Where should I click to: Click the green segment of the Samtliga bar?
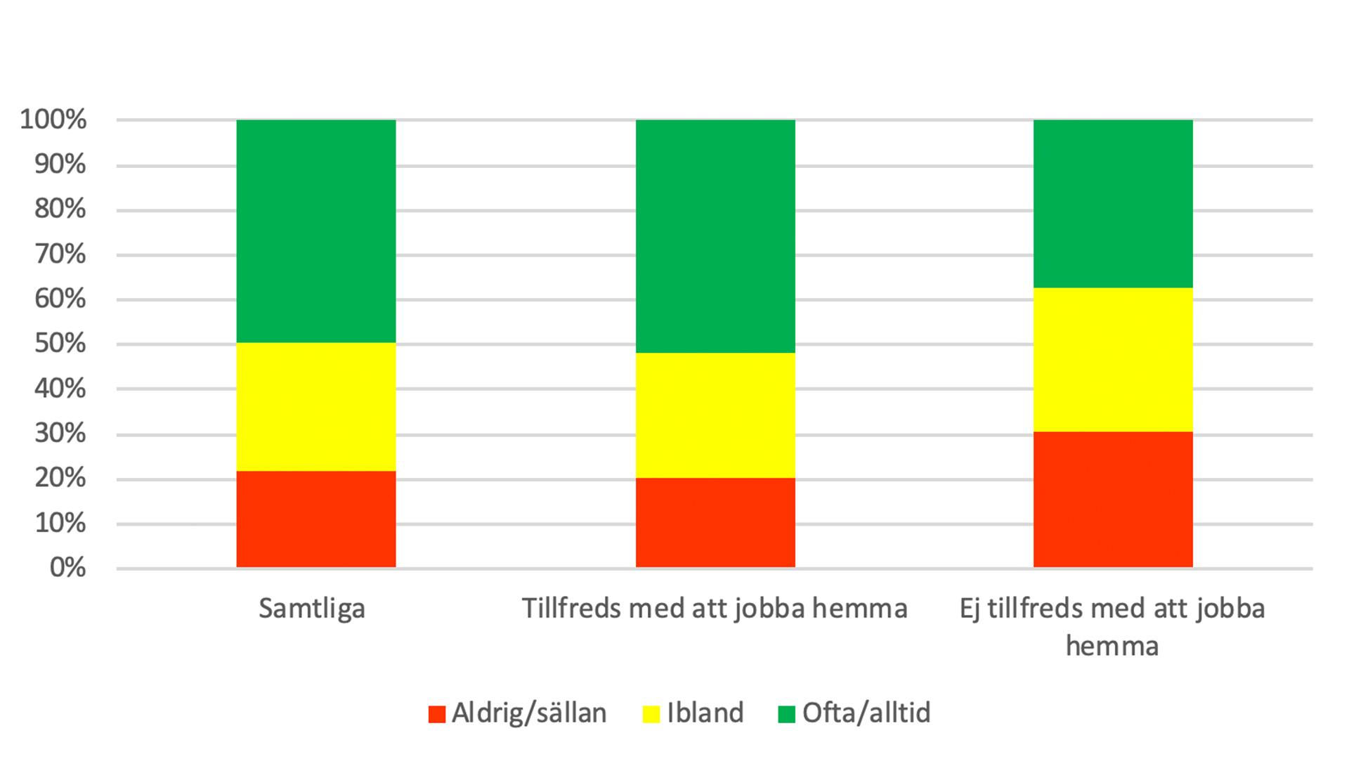(315, 231)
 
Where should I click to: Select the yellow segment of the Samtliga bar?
(315, 407)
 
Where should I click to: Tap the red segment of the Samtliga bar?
(315, 519)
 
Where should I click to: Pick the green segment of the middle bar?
(715, 236)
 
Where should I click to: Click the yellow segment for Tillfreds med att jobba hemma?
(715, 415)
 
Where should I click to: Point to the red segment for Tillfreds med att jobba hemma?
(715, 523)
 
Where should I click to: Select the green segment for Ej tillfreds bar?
(1113, 204)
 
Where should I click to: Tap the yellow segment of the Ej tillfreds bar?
(1113, 360)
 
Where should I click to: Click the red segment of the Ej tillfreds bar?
(1113, 500)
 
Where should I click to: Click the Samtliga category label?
(312, 609)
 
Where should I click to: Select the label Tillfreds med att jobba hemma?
(715, 609)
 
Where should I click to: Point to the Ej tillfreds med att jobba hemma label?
(1112, 626)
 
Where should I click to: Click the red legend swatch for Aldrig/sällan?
(437, 714)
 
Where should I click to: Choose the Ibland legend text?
(705, 713)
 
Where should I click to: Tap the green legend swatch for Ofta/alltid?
(786, 714)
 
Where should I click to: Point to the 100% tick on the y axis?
(53, 119)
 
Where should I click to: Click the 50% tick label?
(60, 344)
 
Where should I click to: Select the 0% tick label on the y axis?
(67, 567)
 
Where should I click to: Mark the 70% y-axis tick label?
(60, 254)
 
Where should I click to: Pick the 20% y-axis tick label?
(60, 478)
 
